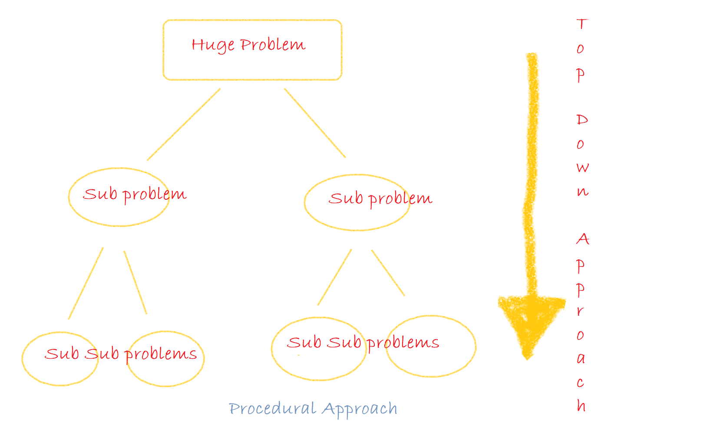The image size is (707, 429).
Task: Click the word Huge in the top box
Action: (213, 45)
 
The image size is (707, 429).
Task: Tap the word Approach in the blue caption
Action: (360, 409)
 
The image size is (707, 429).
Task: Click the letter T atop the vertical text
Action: (582, 24)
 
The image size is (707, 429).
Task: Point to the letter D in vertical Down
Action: (582, 119)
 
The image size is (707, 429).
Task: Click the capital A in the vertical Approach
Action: (583, 239)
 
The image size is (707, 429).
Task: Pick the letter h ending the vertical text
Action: (581, 406)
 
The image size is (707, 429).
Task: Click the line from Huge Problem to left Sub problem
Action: (184, 125)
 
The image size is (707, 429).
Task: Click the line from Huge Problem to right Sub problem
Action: (315, 123)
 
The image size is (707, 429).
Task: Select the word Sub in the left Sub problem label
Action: (100, 194)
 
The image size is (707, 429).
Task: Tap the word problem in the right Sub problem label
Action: (400, 199)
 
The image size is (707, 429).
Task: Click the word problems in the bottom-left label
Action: (161, 354)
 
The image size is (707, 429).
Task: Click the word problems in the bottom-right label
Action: (403, 343)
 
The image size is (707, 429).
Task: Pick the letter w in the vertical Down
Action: (583, 168)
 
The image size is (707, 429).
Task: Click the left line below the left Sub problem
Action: (86, 284)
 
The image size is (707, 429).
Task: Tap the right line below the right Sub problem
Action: (388, 273)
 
